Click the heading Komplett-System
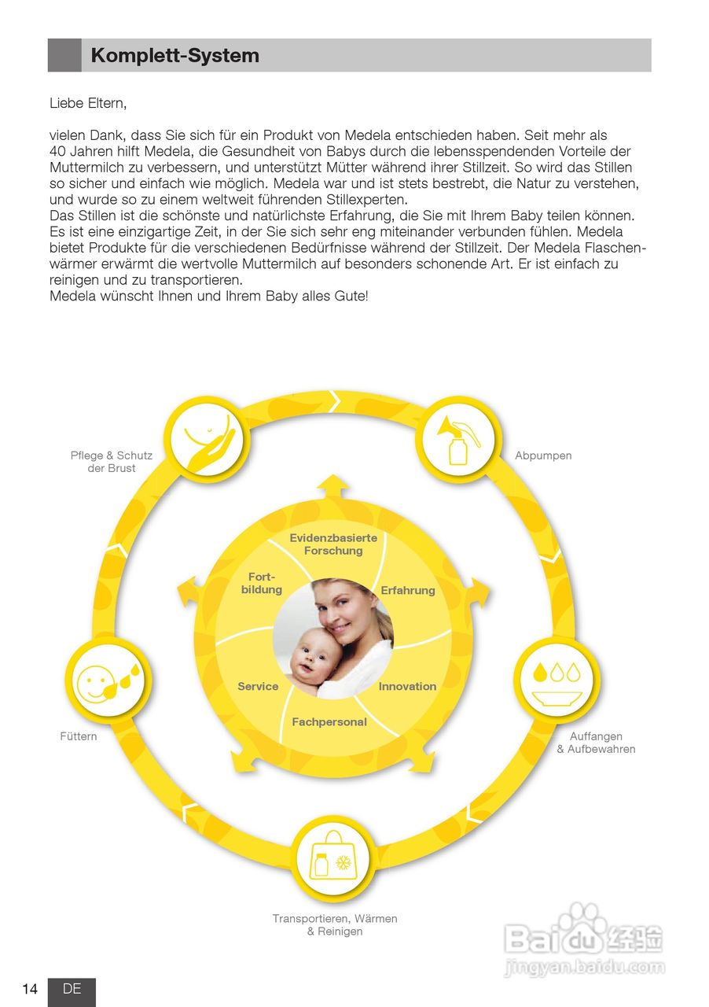(x=174, y=56)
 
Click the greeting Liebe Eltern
(x=87, y=103)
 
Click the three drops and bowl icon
(x=557, y=679)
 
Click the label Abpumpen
(x=543, y=456)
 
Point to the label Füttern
(x=79, y=736)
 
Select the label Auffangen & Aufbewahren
(x=596, y=743)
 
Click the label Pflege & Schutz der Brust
(x=112, y=462)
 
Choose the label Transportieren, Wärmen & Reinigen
(x=335, y=924)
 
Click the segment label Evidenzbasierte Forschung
(x=333, y=544)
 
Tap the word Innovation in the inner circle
(x=407, y=686)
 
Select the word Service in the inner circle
(x=258, y=686)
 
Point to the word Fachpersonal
(x=329, y=721)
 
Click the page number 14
(x=30, y=989)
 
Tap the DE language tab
(x=72, y=989)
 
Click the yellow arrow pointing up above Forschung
(x=333, y=485)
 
